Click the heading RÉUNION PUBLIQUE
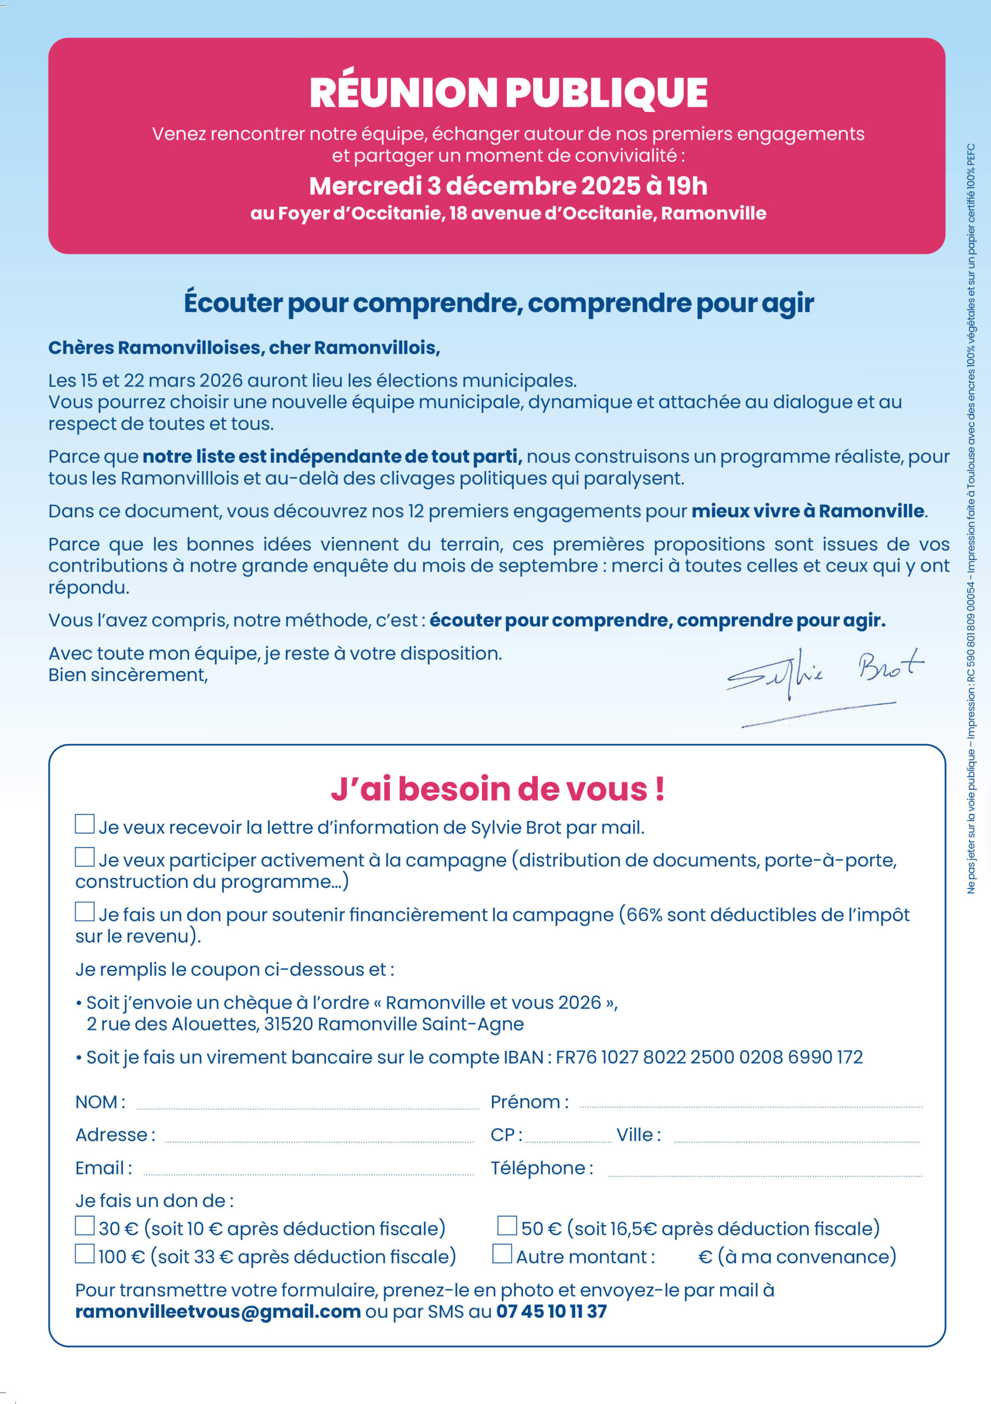click(508, 93)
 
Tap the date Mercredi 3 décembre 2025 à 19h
click(508, 186)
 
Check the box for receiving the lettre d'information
click(85, 824)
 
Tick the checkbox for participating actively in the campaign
click(85, 857)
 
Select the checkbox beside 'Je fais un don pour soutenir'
click(85, 911)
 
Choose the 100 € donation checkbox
click(85, 1254)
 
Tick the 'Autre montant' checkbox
click(502, 1254)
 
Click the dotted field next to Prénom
click(751, 1105)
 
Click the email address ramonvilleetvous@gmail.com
click(218, 1312)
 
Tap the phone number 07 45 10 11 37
click(551, 1312)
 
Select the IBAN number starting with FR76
click(709, 1057)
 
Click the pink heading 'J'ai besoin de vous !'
click(497, 789)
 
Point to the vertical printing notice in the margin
click(971, 520)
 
